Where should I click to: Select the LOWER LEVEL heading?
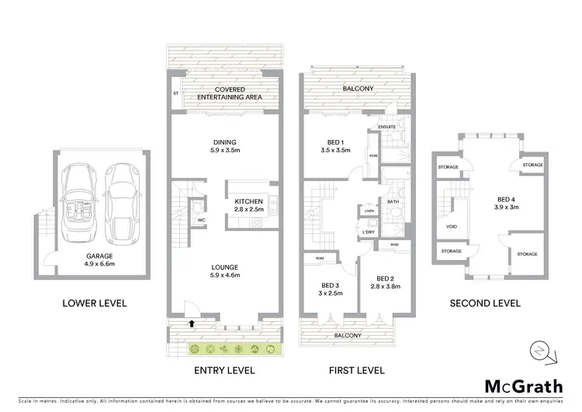point(95,303)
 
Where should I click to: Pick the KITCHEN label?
point(250,202)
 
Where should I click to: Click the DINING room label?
point(223,141)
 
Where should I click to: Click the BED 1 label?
point(331,142)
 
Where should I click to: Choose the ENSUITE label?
point(387,127)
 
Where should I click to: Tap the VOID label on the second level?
point(451,227)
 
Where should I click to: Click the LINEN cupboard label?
point(368,211)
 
